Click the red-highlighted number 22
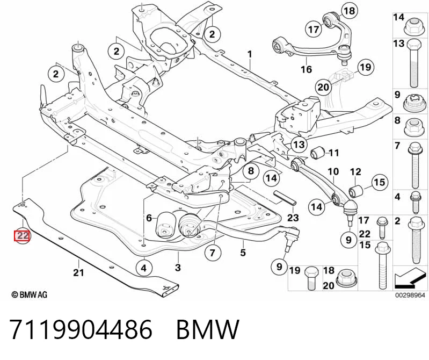pos(23,236)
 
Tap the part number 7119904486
pos(81,329)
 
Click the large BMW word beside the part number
pos(208,329)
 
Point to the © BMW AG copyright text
pos(30,294)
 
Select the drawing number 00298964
pos(410,295)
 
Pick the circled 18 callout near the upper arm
pos(349,11)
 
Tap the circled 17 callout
pos(314,29)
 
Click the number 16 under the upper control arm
pos(307,69)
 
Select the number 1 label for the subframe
pos(250,54)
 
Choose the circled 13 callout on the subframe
pos(299,144)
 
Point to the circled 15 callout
pos(380,182)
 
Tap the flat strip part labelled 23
pos(285,198)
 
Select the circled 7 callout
pos(212,253)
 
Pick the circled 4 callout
pos(144,268)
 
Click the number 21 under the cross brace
pos(78,272)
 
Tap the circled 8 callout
pos(251,171)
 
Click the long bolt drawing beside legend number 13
pos(413,63)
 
